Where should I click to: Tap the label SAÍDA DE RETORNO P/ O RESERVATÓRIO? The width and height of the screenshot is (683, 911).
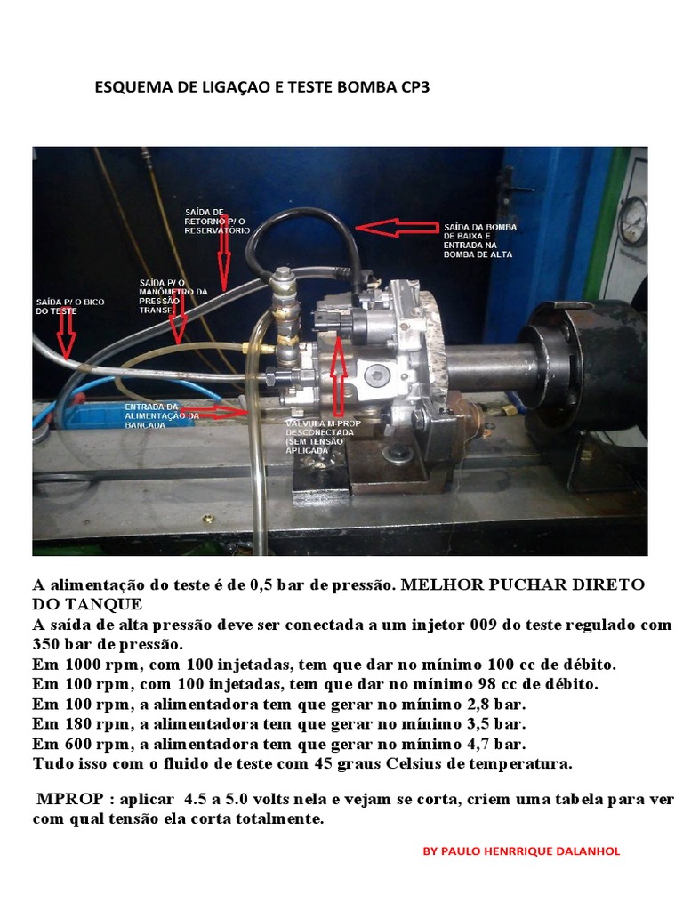(218, 219)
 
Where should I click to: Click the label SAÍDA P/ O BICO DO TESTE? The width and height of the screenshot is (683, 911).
(70, 307)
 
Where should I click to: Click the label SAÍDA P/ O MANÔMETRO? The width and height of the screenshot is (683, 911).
(173, 293)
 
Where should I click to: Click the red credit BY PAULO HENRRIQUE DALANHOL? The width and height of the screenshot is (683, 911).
(521, 851)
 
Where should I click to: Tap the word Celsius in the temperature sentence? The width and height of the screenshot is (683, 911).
(383, 764)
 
